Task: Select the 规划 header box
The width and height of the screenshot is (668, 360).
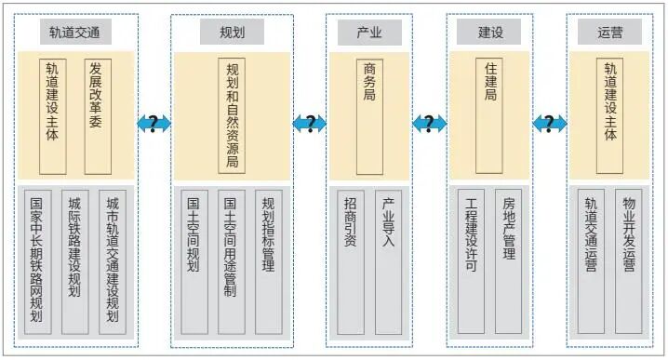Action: tap(232, 33)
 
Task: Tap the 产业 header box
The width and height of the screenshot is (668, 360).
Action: tap(369, 33)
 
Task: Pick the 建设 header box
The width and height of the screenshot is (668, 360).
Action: tap(489, 33)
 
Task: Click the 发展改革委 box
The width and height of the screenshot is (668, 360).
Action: tap(98, 116)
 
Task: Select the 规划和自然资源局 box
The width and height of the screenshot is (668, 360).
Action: tap(232, 116)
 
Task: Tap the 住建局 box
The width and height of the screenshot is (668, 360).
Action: tap(489, 116)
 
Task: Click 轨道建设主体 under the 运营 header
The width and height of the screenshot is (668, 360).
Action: tap(611, 116)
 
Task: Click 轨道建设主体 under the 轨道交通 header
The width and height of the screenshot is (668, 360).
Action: tap(52, 116)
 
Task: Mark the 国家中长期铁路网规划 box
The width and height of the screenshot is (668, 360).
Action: tap(38, 261)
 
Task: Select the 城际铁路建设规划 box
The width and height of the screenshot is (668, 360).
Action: tap(76, 261)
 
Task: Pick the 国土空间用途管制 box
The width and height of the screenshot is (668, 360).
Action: tap(232, 261)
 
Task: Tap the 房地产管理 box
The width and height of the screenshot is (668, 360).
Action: tap(509, 261)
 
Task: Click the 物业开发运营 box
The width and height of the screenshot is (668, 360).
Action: tap(630, 261)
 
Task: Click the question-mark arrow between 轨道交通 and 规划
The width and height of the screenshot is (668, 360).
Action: tap(154, 123)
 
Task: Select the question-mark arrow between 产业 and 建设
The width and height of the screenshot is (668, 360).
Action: tap(429, 123)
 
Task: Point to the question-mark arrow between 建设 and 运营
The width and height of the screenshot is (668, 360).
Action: tap(550, 123)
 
